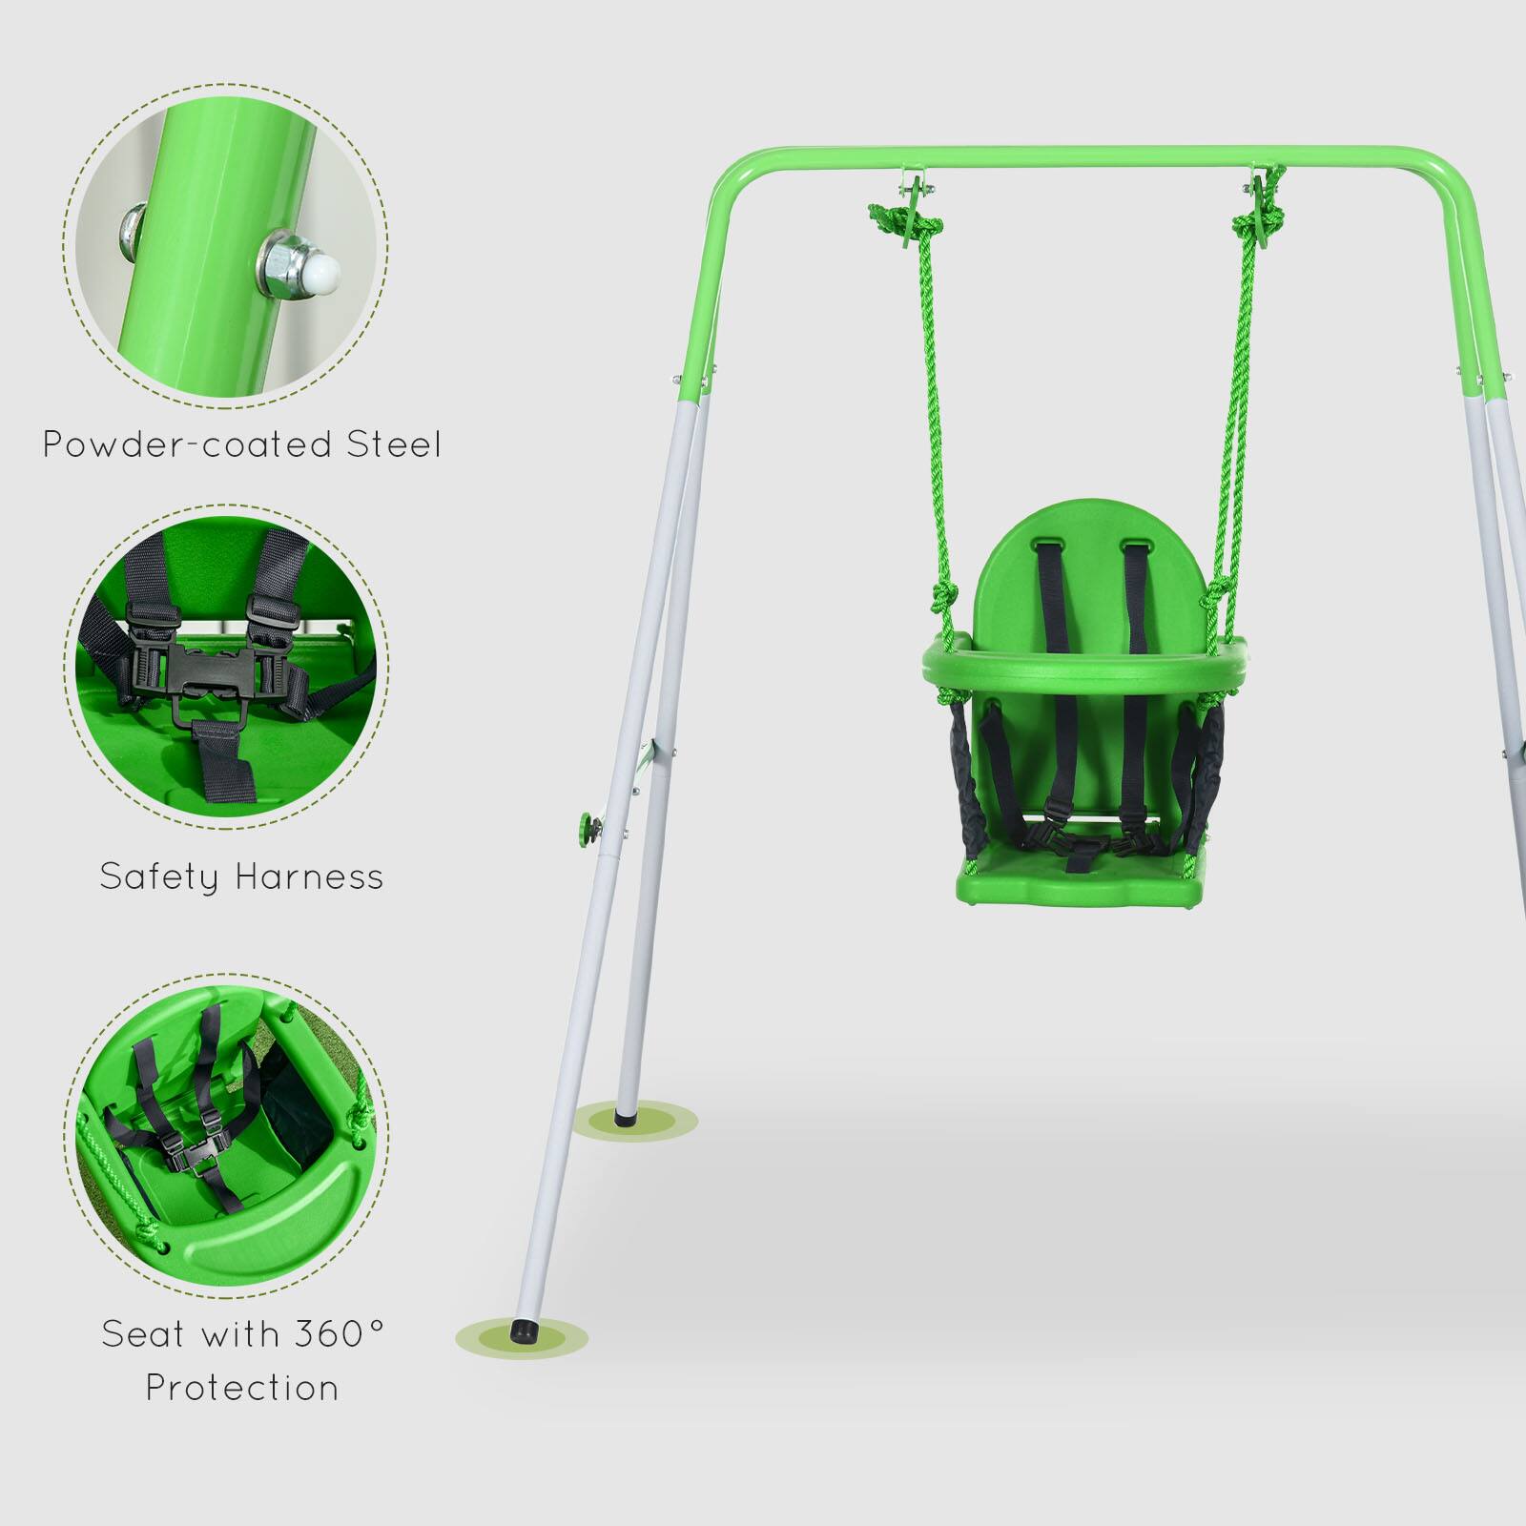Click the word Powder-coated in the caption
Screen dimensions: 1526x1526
coord(188,444)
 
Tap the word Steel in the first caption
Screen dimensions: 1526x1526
coord(393,444)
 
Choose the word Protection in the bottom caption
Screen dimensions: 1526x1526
coord(242,1388)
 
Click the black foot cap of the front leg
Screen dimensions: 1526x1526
coord(523,1330)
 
